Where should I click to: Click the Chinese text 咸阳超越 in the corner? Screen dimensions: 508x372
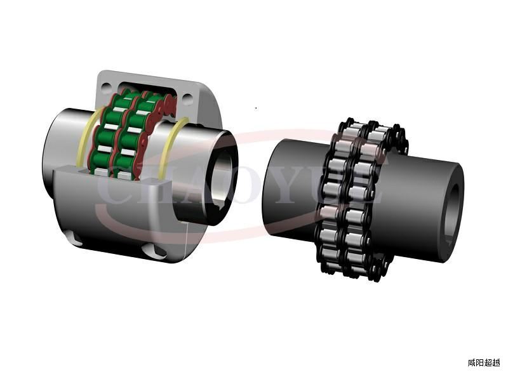[x=484, y=362]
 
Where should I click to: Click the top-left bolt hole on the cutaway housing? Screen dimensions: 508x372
[x=106, y=87]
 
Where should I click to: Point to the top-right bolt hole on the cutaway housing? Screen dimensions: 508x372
[x=187, y=97]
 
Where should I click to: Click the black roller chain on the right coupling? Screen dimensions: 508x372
[x=359, y=199]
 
